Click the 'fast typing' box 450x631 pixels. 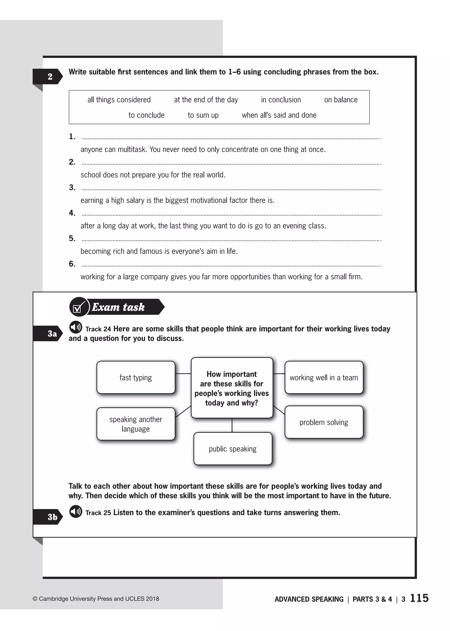pos(136,377)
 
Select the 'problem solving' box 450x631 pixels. pos(324,422)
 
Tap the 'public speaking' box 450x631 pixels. pos(233,449)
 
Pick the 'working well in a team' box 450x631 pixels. pos(324,377)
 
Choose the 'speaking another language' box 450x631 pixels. pos(136,424)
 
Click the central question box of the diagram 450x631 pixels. pos(232,388)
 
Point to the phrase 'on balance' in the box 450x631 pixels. pos(341,100)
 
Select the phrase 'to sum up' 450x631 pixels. pos(203,115)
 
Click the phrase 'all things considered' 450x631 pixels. pos(119,100)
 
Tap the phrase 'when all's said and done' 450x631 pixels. pos(279,115)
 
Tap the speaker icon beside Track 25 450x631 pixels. pos(76,511)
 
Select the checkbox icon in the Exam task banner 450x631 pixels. pos(78,307)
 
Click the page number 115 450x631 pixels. pos(419,598)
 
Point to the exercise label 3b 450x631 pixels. pos(52,517)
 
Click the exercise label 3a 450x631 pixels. pos(52,333)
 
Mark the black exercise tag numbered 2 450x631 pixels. pos(50,76)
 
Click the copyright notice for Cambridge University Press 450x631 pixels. pos(96,598)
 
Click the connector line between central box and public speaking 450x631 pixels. pos(232,425)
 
